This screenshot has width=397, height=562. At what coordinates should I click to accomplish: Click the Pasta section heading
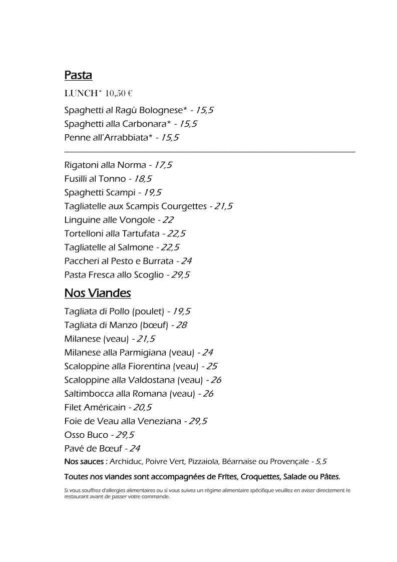(x=78, y=76)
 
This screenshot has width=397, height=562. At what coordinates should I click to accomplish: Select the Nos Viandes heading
(x=98, y=293)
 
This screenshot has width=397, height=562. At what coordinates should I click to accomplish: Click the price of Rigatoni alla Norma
(x=163, y=165)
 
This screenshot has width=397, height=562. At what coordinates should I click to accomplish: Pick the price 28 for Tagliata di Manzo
(x=181, y=325)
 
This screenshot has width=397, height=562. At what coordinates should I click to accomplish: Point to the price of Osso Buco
(x=125, y=435)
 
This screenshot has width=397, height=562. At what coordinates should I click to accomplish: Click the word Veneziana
(x=159, y=421)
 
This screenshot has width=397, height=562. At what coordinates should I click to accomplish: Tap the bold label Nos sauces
(x=86, y=461)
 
